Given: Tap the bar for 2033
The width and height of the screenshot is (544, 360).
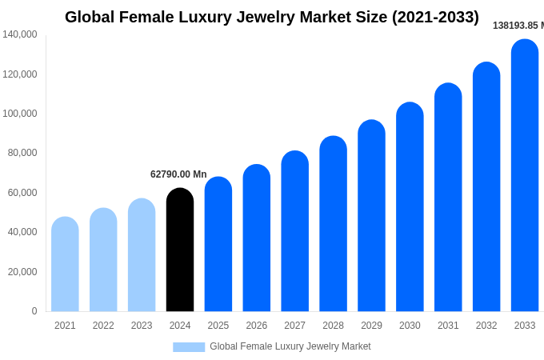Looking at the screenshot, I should click(525, 175).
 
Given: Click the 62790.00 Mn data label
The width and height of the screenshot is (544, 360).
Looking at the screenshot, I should click(178, 174).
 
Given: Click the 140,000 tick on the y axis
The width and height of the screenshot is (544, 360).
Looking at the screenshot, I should click(20, 34).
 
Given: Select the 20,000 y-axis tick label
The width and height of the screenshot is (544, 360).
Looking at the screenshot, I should click(22, 272).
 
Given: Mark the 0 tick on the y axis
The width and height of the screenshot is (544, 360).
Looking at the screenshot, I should click(34, 311).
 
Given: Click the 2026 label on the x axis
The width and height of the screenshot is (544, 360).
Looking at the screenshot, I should click(257, 326).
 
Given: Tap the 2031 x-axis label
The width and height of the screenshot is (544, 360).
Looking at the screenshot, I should click(448, 326).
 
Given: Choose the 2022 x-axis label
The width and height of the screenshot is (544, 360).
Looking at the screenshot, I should click(103, 326).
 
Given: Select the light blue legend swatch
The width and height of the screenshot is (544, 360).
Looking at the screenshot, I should click(189, 347).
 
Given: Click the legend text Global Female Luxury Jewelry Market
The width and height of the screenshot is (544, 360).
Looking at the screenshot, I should click(290, 346).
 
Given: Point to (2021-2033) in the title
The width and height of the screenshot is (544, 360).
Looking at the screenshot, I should click(435, 17).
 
